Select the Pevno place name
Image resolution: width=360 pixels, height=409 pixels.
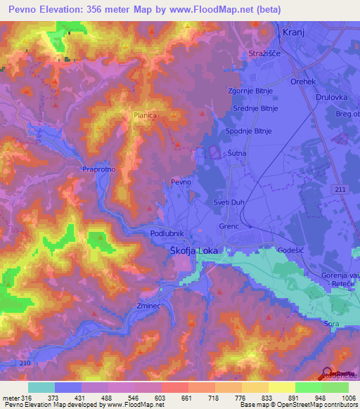pos(181,182)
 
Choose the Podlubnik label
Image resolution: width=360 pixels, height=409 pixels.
pos(167,233)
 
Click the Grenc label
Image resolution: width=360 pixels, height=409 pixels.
pos(229,226)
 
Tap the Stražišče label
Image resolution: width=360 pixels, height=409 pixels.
pos(265,54)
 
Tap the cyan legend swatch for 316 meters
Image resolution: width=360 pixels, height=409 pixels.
pos(41,387)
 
